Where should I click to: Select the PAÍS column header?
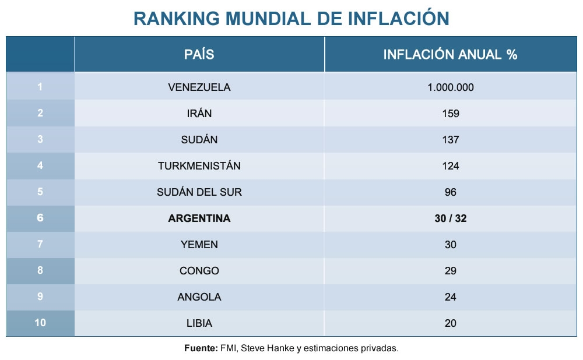pos(199,55)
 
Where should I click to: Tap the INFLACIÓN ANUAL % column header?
pos(450,55)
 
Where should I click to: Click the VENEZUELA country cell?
pos(199,87)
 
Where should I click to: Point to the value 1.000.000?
pos(450,87)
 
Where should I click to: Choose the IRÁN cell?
pos(199,114)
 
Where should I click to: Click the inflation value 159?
pos(450,114)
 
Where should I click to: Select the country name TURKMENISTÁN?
pos(199,166)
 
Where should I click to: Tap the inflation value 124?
pos(450,166)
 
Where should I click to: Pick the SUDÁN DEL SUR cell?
pos(199,192)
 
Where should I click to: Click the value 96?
pos(450,192)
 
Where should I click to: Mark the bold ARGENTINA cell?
pos(199,218)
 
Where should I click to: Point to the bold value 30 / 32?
pos(450,218)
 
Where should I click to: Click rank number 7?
pos(40,245)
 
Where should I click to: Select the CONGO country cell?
pos(199,271)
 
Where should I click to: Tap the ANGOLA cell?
pos(199,297)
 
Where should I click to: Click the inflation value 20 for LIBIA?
pos(450,323)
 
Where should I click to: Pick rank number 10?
pos(40,323)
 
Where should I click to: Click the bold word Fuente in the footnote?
pos(201,348)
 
